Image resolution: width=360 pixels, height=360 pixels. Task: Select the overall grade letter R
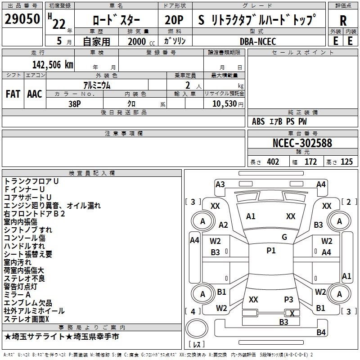[343, 21]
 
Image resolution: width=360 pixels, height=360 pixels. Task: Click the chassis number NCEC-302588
[302, 143]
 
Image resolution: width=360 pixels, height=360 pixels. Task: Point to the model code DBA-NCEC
[258, 41]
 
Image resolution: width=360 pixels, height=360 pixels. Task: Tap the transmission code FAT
[13, 94]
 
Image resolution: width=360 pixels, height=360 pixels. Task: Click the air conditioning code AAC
[34, 94]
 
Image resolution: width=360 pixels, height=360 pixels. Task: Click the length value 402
[273, 162]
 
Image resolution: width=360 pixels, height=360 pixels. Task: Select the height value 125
[346, 162]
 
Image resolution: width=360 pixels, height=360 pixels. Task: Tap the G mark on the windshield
[284, 237]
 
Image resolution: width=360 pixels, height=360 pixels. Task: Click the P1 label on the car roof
[271, 251]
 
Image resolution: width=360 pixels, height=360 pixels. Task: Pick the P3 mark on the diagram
[288, 299]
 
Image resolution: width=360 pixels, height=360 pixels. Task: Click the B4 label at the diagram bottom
[321, 333]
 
